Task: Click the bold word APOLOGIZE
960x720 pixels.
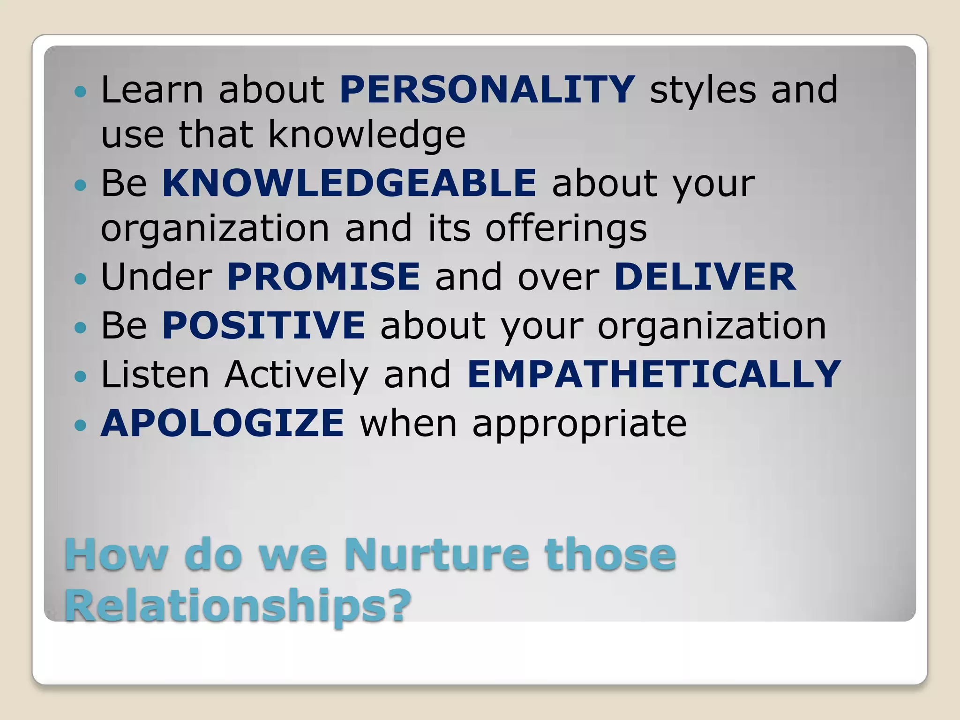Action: coord(223,423)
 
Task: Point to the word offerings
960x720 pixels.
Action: coord(566,229)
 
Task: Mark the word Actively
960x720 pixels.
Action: coord(296,375)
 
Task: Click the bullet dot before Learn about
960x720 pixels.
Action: coord(81,91)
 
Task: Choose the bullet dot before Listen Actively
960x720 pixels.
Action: coord(81,376)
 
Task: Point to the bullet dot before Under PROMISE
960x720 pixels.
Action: coord(81,279)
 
